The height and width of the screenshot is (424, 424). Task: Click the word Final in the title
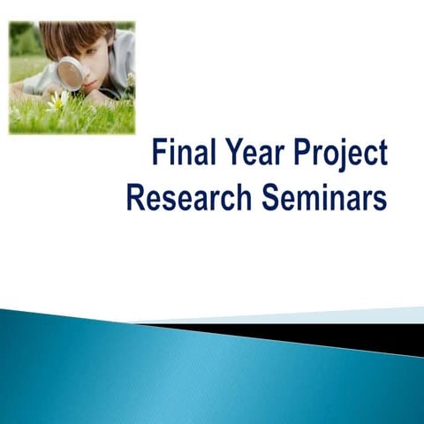tap(181, 154)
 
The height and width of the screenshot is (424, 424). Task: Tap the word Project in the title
tap(341, 155)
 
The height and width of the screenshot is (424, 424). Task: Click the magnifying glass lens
tap(70, 72)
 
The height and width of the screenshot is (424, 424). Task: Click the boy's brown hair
tap(75, 36)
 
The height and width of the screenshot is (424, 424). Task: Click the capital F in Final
tap(159, 154)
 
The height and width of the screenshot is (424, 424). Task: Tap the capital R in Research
tap(136, 197)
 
